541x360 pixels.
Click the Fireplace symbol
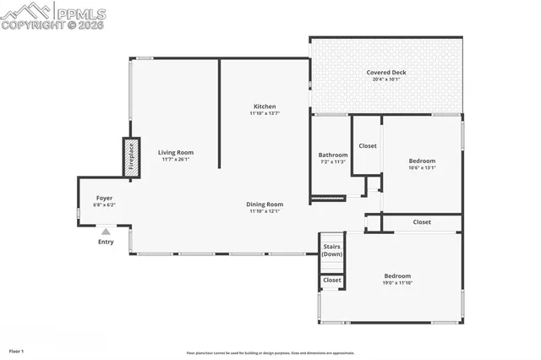pos(132,157)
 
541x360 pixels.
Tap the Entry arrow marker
pos(106,230)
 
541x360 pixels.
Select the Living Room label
pos(176,153)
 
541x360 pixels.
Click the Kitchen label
pos(264,106)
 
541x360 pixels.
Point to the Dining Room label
pos(264,204)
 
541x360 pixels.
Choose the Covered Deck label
pos(385,73)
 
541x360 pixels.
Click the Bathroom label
pos(332,155)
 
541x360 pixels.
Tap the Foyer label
pos(104,198)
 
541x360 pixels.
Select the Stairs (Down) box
pos(332,250)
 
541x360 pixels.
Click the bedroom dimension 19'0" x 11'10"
pos(397,283)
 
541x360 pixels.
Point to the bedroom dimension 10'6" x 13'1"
pos(422,167)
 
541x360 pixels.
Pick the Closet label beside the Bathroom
pos(368,145)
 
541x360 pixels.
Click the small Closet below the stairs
pos(332,280)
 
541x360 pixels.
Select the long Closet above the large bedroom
pos(421,222)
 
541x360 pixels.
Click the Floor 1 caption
pos(17,350)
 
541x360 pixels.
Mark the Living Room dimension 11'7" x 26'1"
pos(176,160)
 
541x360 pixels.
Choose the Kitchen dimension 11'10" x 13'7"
pos(264,113)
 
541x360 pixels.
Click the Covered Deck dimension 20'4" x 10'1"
pos(385,80)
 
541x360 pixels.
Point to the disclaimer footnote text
pos(270,352)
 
